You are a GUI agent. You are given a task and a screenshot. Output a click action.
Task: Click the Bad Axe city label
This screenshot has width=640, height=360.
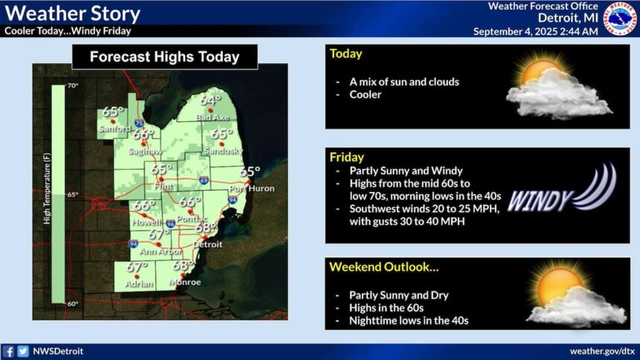pos(212,118)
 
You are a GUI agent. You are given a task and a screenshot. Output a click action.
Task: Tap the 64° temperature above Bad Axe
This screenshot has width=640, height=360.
pos(210,100)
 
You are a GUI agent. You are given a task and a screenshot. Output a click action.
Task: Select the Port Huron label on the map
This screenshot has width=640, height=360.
pos(252,189)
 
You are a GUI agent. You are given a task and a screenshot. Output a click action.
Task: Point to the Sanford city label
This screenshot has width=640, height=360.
pos(115,129)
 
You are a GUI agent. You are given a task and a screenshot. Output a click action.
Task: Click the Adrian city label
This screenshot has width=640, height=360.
pos(139,283)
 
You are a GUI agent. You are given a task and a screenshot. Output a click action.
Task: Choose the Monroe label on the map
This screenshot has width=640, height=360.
pos(185,282)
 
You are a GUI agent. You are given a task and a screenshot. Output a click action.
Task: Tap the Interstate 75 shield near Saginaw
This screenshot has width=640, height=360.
pos(139,123)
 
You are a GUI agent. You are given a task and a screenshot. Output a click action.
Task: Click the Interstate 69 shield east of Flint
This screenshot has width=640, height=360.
pos(204,180)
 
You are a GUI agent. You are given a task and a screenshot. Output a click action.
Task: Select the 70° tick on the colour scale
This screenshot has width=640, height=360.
pos(73,86)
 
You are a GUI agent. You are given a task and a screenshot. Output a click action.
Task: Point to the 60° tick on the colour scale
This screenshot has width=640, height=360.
pos(73,303)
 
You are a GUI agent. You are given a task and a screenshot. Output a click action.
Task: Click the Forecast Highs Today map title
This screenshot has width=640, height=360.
pos(164,57)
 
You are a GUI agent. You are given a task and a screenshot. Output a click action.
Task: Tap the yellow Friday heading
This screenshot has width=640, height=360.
pos(347,157)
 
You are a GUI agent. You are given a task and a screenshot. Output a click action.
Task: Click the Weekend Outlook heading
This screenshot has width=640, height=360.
pos(384,267)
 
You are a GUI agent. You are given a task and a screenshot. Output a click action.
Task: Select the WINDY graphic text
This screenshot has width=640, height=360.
pos(539,201)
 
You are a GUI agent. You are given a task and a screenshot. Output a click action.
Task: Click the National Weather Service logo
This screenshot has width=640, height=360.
pos(620,19)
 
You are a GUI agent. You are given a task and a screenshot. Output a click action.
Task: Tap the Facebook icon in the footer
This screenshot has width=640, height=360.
pos(8,351)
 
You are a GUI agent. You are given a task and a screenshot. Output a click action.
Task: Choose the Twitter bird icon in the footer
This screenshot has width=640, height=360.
pos(23,351)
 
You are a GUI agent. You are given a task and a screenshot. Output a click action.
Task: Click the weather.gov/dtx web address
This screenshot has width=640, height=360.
pos(602,351)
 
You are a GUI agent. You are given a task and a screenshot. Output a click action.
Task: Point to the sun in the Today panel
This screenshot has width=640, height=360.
pos(542,72)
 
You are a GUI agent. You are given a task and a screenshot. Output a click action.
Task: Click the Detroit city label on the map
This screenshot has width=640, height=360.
pos(208,245)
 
